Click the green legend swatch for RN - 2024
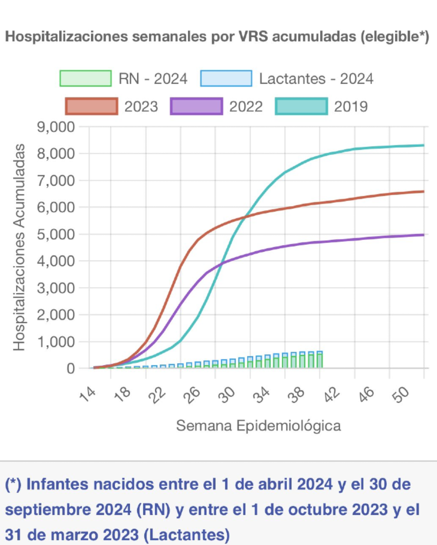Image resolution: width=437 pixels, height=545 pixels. pos(86,78)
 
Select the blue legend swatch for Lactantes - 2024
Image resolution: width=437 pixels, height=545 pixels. pos(226,78)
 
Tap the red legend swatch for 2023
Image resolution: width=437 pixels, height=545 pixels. pos(91,106)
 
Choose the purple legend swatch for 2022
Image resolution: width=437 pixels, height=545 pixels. pos(196,106)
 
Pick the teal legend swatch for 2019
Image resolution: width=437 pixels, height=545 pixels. pos(301,106)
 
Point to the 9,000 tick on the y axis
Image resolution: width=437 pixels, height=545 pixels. pos(56,127)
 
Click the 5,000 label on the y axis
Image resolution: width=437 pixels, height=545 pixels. pos(56,234)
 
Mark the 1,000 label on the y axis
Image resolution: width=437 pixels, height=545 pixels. pos(56,342)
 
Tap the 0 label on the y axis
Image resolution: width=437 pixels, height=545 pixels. pos(70,369)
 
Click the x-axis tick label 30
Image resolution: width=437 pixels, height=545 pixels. pos(227,394)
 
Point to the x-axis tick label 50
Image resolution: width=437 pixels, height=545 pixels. pos(401,394)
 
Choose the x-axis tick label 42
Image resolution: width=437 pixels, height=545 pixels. pos(331,394)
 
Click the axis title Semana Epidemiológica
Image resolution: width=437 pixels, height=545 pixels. pos(258,425)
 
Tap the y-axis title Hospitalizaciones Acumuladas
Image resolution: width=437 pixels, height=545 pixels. pos(19,247)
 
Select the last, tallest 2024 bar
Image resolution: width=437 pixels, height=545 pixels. pos(320,360)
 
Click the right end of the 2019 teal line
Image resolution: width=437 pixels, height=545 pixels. pos(423,145)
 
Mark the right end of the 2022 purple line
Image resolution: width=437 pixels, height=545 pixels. pos(423,235)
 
